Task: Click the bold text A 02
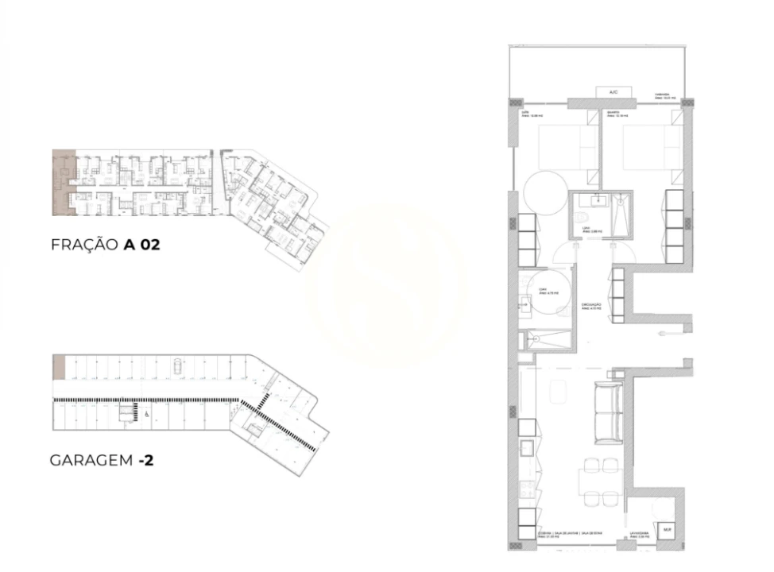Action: coord(141,245)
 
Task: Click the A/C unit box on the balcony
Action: coord(613,93)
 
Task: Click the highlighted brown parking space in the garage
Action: coord(59,367)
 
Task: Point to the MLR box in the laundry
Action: coord(667,528)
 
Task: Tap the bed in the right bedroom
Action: coord(652,147)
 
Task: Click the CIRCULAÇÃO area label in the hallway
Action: coord(590,306)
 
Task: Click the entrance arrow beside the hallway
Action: coord(663,335)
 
